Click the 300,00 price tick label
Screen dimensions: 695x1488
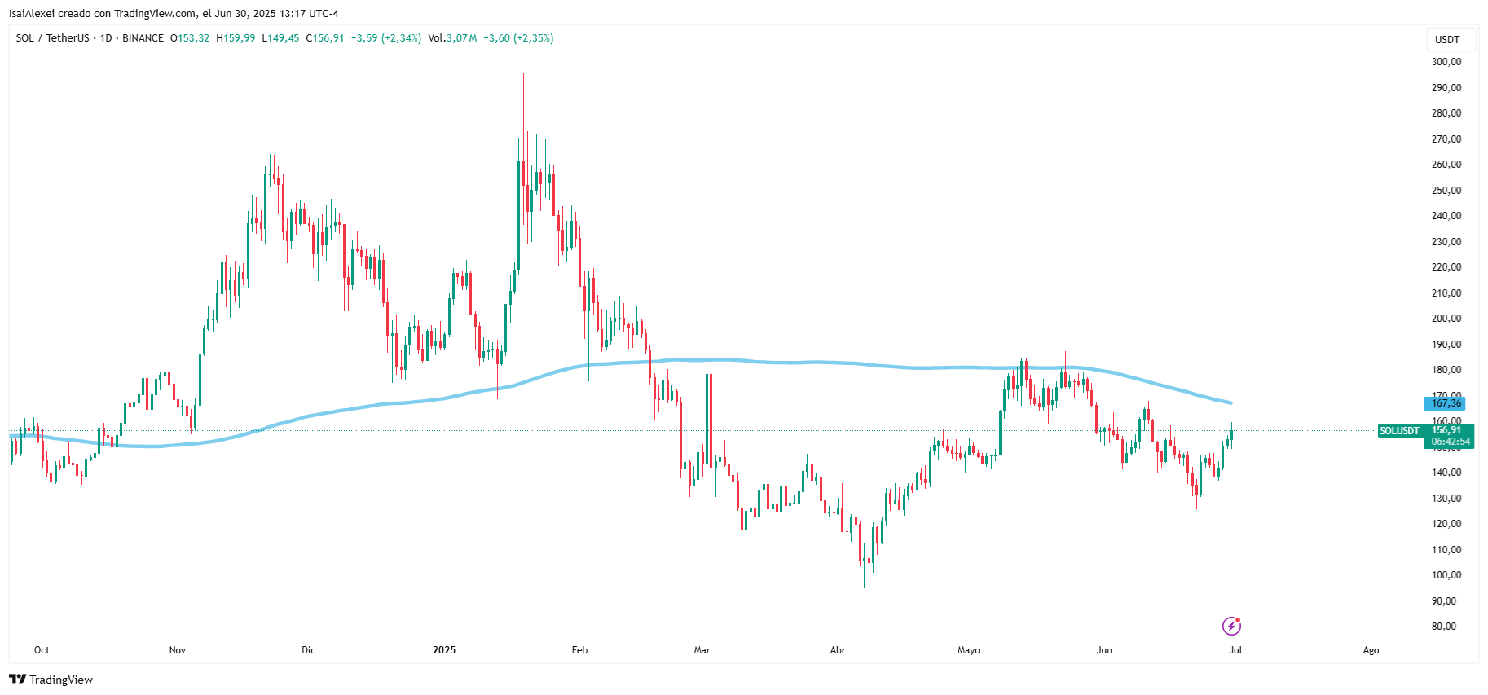[x=1446, y=62]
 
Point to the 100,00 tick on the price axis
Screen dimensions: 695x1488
[x=1446, y=575]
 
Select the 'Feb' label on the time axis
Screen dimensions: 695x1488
[x=579, y=650]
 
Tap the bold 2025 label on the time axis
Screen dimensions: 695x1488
[x=444, y=650]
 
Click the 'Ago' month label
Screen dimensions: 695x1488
[x=1371, y=650]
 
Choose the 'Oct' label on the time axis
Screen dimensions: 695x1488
[x=42, y=650]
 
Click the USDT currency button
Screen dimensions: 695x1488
[x=1447, y=40]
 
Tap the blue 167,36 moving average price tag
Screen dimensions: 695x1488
[x=1446, y=403]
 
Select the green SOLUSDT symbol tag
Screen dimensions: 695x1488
[x=1399, y=431]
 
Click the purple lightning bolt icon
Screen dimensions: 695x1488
[x=1231, y=626]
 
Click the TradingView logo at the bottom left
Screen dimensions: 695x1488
[x=51, y=680]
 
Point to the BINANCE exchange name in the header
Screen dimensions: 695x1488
[x=143, y=38]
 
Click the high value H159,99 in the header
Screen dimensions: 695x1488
[x=236, y=38]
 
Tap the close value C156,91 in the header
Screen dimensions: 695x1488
[x=325, y=38]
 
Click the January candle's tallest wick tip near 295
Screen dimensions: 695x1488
[x=523, y=75]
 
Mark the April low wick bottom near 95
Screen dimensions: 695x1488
[x=864, y=587]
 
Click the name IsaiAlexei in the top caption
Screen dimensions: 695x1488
[x=32, y=14]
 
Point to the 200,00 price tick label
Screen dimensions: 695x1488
[x=1446, y=319]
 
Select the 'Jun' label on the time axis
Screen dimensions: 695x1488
[x=1104, y=650]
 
